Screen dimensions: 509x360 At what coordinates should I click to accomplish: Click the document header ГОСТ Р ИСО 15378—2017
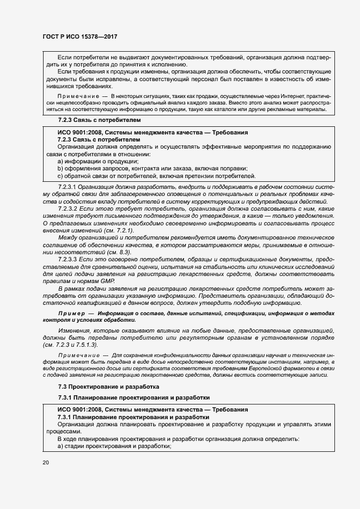pyautogui.click(x=80, y=36)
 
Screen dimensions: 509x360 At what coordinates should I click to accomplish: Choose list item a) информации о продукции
pyautogui.click(x=98, y=161)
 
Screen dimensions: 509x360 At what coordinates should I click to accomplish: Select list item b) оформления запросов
pyautogui.click(x=152, y=169)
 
